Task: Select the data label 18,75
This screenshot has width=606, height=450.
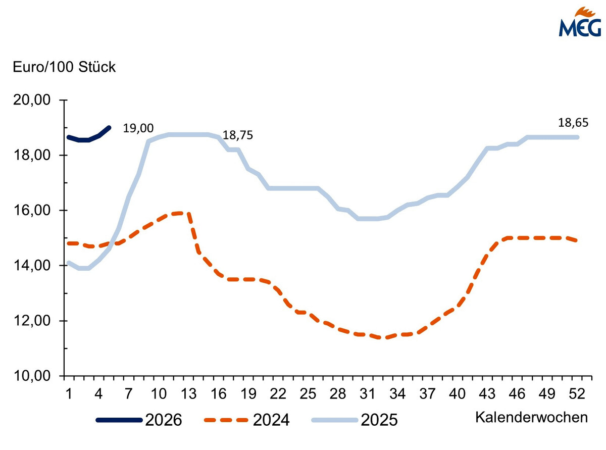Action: coord(238,135)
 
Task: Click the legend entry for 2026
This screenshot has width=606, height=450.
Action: coord(138,420)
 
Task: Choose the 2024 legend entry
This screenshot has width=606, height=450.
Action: coord(246,420)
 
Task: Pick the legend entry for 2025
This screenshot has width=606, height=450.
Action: coord(353,420)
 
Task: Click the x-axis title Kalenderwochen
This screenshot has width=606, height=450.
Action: coord(531,418)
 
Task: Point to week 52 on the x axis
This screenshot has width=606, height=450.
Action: coord(577,393)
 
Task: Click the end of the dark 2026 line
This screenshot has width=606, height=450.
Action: coord(109,127)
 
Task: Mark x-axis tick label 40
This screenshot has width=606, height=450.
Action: coord(458,393)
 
